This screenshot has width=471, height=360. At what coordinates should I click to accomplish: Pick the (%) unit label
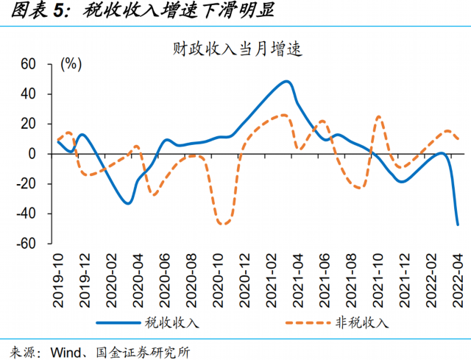pos(71,63)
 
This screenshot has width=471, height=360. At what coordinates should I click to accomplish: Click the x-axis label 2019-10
pos(60,273)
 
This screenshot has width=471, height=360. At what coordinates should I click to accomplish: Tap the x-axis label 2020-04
pos(140,273)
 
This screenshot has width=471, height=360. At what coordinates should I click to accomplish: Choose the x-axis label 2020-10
pos(220,273)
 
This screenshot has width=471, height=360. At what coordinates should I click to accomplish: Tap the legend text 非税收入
pos(366,322)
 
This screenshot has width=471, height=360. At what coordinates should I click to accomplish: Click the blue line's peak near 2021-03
pos(286,81)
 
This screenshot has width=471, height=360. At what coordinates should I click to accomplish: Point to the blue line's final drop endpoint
pos(458,225)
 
